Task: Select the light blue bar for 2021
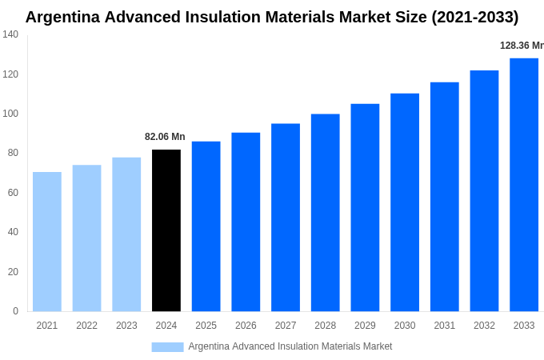point(47,242)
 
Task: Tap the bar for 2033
point(524,185)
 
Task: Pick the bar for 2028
point(326,213)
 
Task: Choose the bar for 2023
point(126,234)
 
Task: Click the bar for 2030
point(405,202)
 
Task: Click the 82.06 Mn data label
point(165,137)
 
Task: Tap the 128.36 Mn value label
point(521,46)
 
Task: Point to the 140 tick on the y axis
point(10,34)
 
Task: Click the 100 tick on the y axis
point(10,114)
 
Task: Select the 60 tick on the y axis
point(13,193)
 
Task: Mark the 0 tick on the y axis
point(15,311)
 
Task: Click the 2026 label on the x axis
point(246,326)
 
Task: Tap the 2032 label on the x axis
point(484,326)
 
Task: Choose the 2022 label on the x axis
point(86,326)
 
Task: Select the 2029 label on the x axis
point(365,326)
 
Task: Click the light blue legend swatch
point(167,347)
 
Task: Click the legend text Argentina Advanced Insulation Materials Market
point(290,346)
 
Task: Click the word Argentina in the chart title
point(66,17)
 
